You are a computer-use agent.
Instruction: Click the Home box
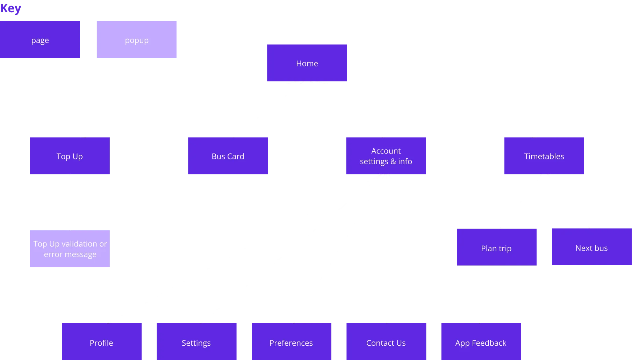307,63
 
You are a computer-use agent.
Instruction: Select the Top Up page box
70,156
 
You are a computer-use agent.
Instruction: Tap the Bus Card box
228,156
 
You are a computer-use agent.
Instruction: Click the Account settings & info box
386,156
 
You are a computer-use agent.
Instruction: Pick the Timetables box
544,156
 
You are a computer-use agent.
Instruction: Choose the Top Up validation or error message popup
70,249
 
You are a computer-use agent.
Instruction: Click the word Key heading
10,8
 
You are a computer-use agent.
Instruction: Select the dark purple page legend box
40,39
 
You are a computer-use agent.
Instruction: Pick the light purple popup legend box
137,39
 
